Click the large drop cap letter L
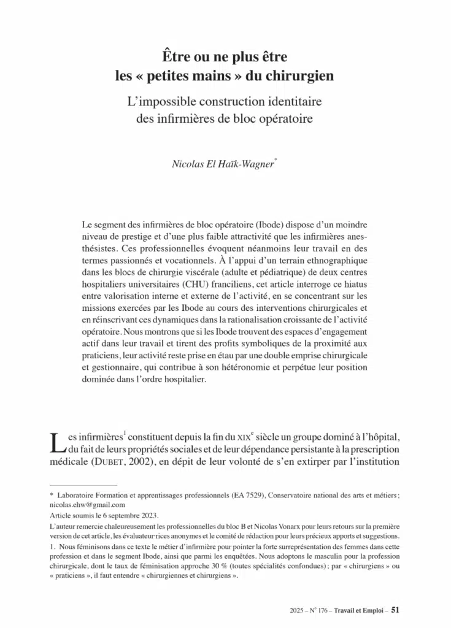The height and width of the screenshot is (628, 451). [56, 443]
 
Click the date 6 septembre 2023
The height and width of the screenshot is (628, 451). [126, 516]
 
